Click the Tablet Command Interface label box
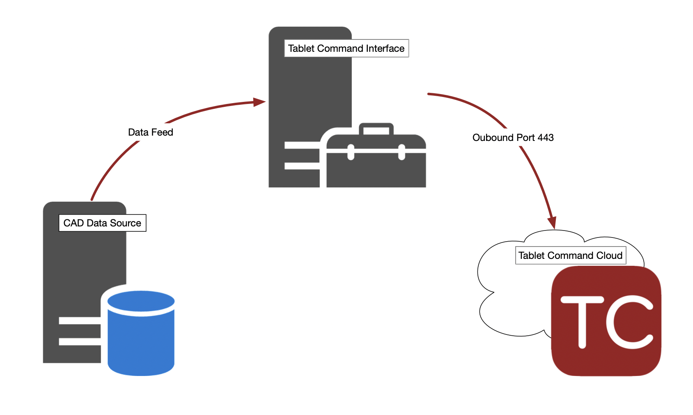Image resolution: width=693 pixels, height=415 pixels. click(346, 48)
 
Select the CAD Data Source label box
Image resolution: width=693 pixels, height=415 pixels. click(102, 223)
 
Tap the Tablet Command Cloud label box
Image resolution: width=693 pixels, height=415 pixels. click(570, 256)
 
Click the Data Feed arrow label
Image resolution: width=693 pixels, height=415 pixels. click(150, 132)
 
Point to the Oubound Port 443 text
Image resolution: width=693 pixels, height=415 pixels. click(513, 138)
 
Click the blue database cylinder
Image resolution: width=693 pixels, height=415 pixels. click(141, 337)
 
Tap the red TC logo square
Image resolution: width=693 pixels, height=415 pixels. click(606, 321)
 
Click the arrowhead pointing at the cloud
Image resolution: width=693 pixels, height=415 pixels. click(552, 222)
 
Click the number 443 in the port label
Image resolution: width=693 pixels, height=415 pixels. click(546, 138)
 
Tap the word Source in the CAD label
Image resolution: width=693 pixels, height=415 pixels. click(126, 223)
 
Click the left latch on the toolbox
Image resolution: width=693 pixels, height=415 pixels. click(351, 152)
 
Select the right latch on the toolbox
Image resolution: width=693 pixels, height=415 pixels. click(402, 152)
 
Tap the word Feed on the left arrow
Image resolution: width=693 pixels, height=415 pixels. click(162, 132)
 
